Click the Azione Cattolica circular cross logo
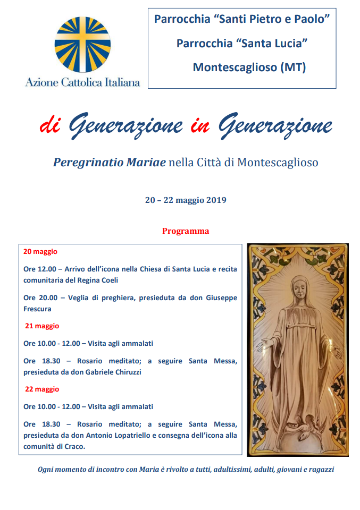click(82, 45)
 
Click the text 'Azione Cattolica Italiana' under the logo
click(82, 82)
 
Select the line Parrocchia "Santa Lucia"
click(242, 43)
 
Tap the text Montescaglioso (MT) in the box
click(249, 67)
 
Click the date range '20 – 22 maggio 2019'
click(186, 200)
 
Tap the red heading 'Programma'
click(186, 231)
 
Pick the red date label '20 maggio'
click(40, 251)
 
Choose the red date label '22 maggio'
click(42, 389)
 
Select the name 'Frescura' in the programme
click(38, 309)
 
